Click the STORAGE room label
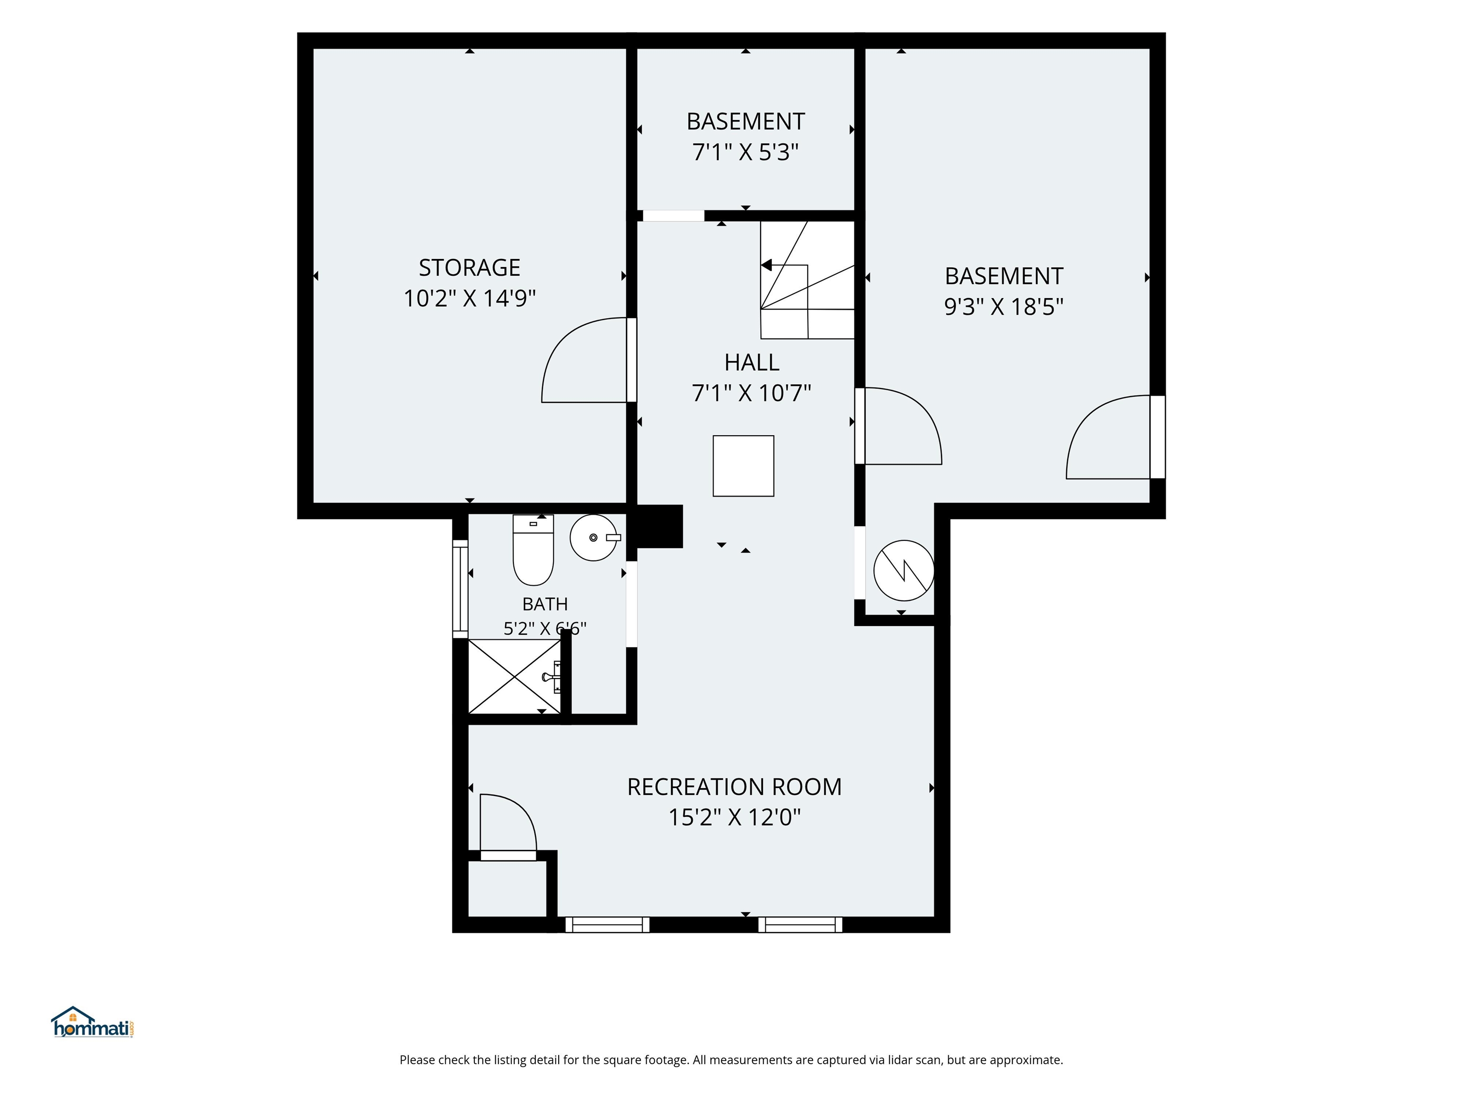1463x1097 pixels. (x=470, y=268)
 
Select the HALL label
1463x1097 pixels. (x=752, y=362)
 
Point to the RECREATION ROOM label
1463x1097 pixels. (x=734, y=787)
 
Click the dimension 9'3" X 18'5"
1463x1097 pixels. (x=1004, y=307)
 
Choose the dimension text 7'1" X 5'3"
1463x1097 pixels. (x=745, y=153)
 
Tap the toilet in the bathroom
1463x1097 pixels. (x=533, y=550)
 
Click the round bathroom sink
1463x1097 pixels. (x=594, y=538)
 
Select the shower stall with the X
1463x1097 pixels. (x=514, y=677)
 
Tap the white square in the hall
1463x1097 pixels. (x=743, y=466)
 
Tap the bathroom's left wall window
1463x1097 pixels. (x=461, y=589)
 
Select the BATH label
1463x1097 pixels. (x=545, y=604)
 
